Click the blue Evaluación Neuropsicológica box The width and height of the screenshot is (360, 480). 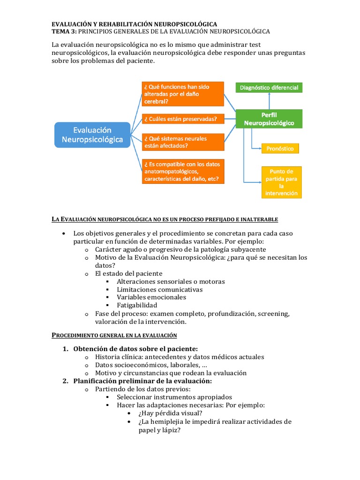[92, 135]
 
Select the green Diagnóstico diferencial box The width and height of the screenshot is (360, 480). [269, 87]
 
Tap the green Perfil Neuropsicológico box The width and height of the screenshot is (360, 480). [269, 119]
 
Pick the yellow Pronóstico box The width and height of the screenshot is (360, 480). [280, 149]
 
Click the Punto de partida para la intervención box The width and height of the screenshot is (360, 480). [281, 182]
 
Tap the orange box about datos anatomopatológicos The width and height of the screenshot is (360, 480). [182, 171]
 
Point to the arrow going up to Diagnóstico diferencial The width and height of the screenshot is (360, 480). [269, 99]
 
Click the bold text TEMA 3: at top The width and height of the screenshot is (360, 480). [64, 31]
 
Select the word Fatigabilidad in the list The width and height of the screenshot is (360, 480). [137, 305]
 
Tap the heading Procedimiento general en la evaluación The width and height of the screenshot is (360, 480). [114, 335]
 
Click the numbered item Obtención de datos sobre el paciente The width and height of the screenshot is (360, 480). [135, 349]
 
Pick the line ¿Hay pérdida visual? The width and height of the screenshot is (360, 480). [171, 413]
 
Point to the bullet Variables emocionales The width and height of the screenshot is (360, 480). [151, 297]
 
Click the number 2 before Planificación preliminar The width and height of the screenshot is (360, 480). [65, 381]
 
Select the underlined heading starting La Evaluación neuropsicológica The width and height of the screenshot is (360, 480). [165, 219]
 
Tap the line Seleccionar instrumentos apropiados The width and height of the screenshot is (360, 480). [174, 397]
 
